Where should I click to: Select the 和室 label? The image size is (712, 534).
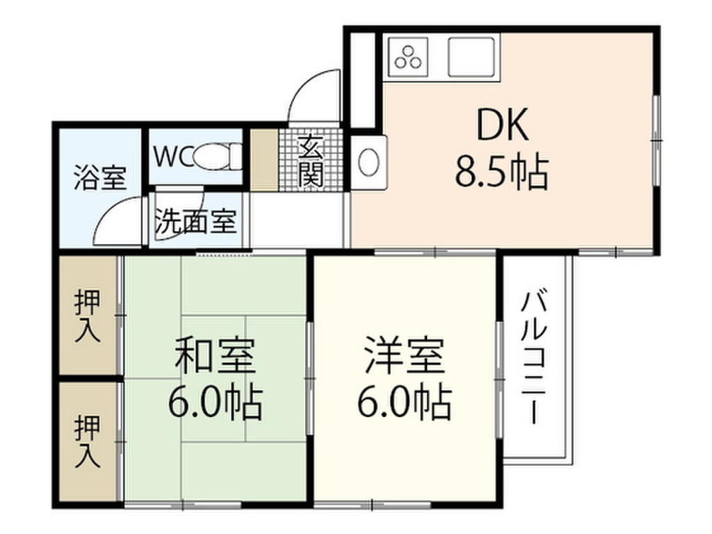coord(216,356)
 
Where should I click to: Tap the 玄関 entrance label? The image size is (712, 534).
coord(310,161)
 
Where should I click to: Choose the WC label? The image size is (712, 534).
coord(170,156)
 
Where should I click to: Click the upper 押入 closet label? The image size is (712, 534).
coord(88,316)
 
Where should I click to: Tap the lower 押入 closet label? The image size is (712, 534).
coord(88,441)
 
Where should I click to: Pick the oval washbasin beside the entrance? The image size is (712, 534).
coord(368,162)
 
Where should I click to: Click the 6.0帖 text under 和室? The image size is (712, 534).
coord(216,401)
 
